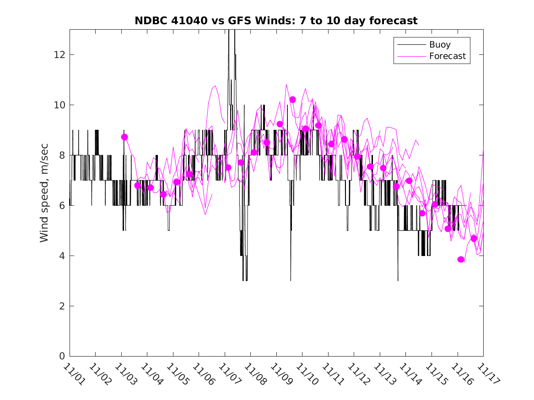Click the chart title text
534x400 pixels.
coord(276,21)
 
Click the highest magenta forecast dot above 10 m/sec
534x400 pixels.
coord(293,100)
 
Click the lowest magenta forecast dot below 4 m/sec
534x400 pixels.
coord(461,260)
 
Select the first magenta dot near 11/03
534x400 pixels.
coord(124,137)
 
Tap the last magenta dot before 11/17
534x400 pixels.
coord(474,239)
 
